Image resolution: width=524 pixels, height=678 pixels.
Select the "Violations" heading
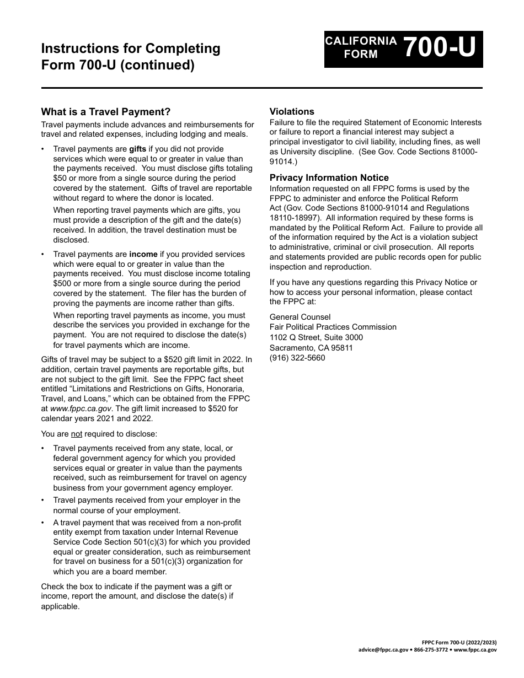tap(292, 111)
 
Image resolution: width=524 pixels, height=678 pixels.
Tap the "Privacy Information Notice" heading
tap(329, 177)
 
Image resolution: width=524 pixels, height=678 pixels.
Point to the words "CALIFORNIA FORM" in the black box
tap(361, 47)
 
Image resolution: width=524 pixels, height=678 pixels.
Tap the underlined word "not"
tap(77, 434)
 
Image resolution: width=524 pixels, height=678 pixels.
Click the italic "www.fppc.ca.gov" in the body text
tap(81, 408)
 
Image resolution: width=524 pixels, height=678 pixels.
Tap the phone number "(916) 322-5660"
tap(297, 358)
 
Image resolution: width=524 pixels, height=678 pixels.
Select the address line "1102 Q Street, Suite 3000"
tap(316, 337)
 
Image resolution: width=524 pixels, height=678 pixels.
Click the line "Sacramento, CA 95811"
tap(311, 348)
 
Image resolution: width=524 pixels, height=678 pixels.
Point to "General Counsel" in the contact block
tap(300, 317)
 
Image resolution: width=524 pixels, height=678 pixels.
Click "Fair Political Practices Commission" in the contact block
tap(333, 327)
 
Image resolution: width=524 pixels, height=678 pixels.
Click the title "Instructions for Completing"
tap(130, 49)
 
